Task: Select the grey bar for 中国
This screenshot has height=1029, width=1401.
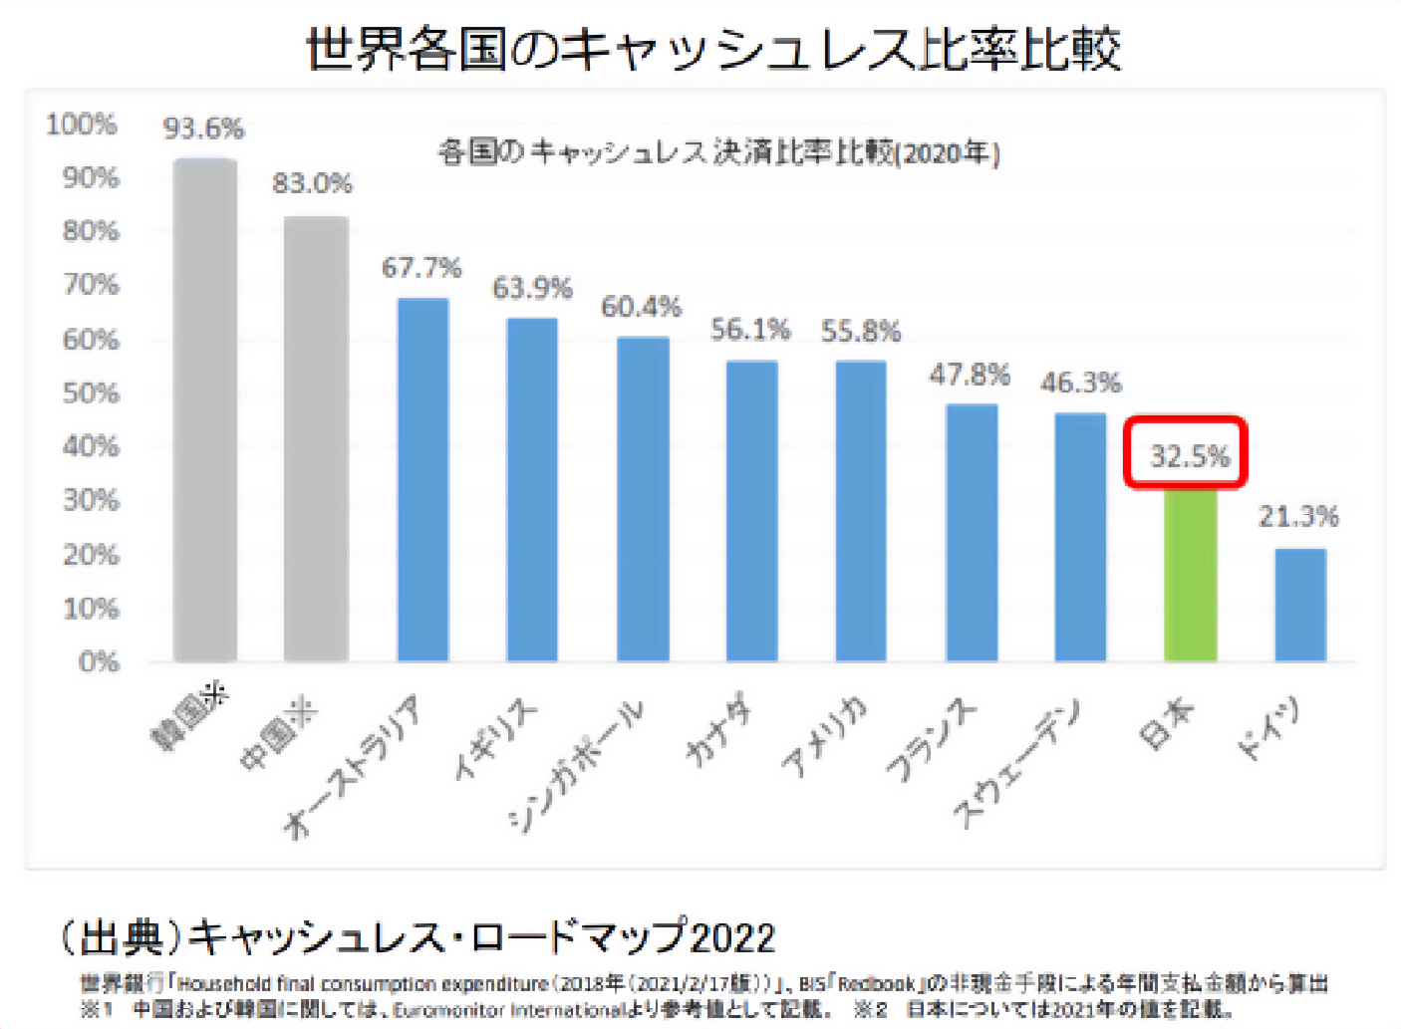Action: pyautogui.click(x=316, y=438)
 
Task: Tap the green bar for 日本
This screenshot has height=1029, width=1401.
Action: pyautogui.click(x=1191, y=575)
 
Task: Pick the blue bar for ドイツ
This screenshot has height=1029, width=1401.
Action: pyautogui.click(x=1300, y=605)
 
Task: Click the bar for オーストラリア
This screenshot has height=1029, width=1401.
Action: pyautogui.click(x=422, y=479)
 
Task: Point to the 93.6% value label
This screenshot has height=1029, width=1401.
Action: pyautogui.click(x=203, y=129)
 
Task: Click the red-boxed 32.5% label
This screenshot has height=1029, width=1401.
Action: pyautogui.click(x=1188, y=455)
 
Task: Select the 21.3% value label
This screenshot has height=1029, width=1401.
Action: pyautogui.click(x=1297, y=516)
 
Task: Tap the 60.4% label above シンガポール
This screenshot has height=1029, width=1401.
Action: pyautogui.click(x=641, y=307)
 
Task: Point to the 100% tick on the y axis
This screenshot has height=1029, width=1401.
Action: pyautogui.click(x=82, y=125)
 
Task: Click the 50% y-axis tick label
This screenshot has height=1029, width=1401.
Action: pyautogui.click(x=91, y=392)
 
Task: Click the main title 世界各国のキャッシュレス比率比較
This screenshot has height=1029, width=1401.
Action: pyautogui.click(x=712, y=48)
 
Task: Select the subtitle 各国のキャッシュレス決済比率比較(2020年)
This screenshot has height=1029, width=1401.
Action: pyautogui.click(x=718, y=152)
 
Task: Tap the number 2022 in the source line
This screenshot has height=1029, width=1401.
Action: pyautogui.click(x=732, y=937)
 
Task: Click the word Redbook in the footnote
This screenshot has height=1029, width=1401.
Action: pyautogui.click(x=876, y=984)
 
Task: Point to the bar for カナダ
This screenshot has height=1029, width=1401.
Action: pyautogui.click(x=751, y=510)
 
